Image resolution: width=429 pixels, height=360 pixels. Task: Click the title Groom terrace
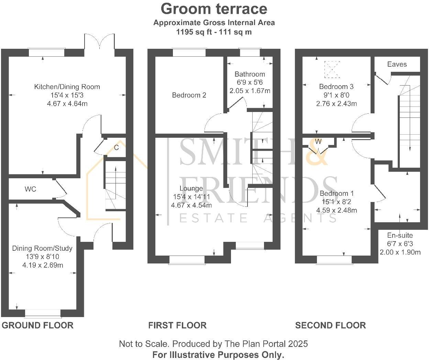pyautogui.click(x=214, y=9)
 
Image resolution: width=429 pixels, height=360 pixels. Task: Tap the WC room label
pyautogui.click(x=30, y=189)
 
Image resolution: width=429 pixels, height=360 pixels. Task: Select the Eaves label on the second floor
pyautogui.click(x=397, y=64)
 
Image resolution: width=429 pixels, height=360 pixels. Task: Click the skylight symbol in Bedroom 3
pyautogui.click(x=332, y=69)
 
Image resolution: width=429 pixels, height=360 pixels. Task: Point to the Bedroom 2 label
pyautogui.click(x=189, y=95)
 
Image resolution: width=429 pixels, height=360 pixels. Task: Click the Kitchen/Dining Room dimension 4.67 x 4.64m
pyautogui.click(x=67, y=103)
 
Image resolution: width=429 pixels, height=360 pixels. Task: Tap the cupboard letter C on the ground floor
pyautogui.click(x=116, y=148)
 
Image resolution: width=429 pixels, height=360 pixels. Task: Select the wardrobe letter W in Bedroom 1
pyautogui.click(x=318, y=142)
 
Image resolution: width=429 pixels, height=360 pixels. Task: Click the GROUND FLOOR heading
pyautogui.click(x=37, y=325)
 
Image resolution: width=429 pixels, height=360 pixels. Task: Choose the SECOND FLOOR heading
pyautogui.click(x=330, y=325)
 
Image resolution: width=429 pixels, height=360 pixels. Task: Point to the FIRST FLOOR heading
pyautogui.click(x=177, y=325)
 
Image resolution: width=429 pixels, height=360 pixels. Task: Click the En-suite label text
pyautogui.click(x=400, y=235)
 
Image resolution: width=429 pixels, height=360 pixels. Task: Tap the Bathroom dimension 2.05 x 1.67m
pyautogui.click(x=250, y=91)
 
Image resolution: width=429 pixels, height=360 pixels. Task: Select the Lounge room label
pyautogui.click(x=191, y=188)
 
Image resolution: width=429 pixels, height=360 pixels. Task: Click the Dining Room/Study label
pyautogui.click(x=42, y=248)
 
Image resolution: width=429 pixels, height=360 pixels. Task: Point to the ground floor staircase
pyautogui.click(x=115, y=185)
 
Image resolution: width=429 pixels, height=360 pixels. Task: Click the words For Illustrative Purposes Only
pyautogui.click(x=218, y=355)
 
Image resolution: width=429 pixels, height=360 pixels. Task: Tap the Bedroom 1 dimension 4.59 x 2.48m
pyautogui.click(x=337, y=210)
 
